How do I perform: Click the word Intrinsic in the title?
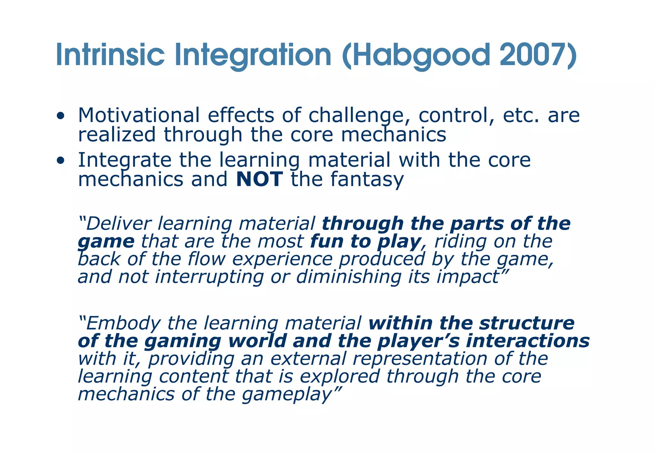[110, 55]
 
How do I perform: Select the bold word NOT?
[259, 179]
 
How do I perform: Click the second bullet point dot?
[60, 161]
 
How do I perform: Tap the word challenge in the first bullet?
[359, 116]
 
